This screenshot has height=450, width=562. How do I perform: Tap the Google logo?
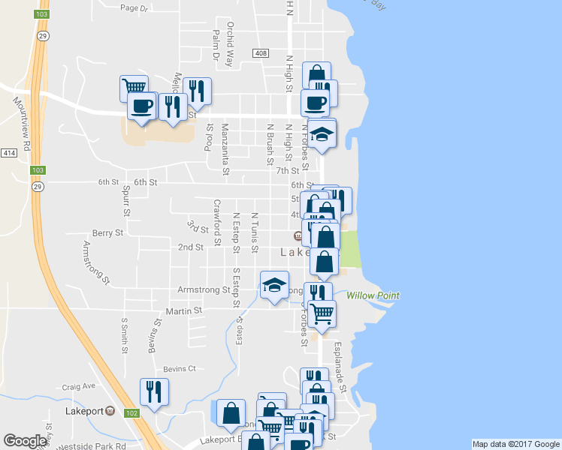coord(26,441)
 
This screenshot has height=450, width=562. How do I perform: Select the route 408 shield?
coord(261,52)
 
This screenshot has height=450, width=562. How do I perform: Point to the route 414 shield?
coord(8,153)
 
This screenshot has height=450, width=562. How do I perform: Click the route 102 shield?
coord(131,412)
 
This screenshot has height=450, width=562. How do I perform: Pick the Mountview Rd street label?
coord(21,124)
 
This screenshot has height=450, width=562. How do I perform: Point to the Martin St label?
coord(184,310)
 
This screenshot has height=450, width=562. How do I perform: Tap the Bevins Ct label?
coord(180,369)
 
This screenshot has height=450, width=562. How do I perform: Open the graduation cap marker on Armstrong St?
coord(274,286)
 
